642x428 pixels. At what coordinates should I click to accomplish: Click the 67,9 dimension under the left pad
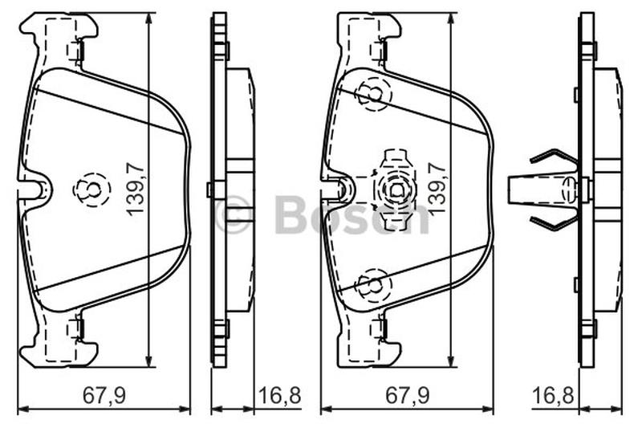(x=104, y=395)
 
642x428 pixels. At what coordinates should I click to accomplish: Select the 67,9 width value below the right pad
(x=407, y=395)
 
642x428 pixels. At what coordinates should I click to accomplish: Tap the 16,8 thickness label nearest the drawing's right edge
(x=553, y=395)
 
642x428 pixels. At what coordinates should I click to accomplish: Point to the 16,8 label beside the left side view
(x=280, y=395)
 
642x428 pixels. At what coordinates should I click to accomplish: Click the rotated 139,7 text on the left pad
(x=136, y=189)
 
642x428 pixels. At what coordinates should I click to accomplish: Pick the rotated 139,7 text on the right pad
(x=437, y=188)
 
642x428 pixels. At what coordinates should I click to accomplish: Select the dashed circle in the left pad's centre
(x=91, y=190)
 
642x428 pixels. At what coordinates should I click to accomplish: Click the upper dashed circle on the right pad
(x=374, y=94)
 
